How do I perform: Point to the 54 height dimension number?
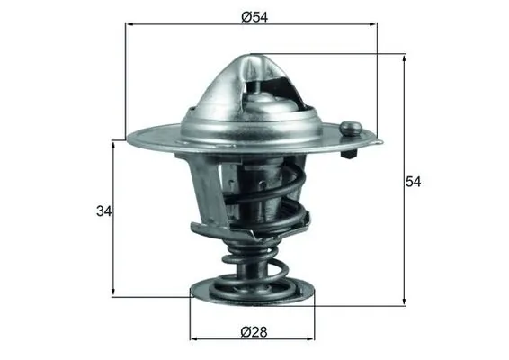point(413,181)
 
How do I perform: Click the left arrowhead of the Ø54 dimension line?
point(129,27)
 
